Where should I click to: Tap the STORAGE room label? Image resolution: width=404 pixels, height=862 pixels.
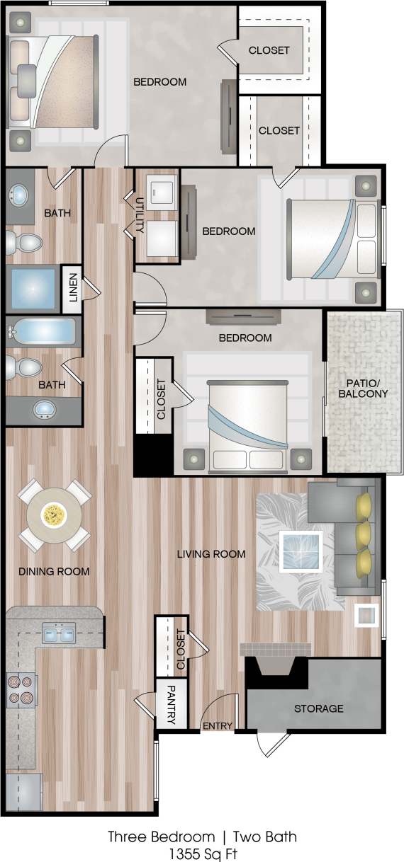coord(319,708)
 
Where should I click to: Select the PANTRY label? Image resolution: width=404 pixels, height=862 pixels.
coord(172,704)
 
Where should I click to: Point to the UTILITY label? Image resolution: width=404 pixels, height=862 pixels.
coord(140,217)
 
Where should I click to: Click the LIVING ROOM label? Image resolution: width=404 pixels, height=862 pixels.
coord(211,553)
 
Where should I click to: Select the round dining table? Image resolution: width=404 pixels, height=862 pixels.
coord(53,515)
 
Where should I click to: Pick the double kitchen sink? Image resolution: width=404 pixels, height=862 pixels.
coord(58,634)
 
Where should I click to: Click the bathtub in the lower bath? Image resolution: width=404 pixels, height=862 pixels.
coord(43,331)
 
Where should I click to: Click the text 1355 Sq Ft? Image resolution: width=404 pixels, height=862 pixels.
coord(202,852)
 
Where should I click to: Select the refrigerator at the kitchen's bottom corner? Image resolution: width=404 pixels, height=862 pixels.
coord(23,791)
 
